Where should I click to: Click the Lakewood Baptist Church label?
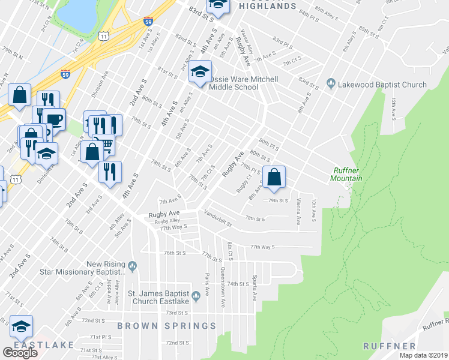[382, 85]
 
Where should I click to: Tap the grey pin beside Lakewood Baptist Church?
[330, 82]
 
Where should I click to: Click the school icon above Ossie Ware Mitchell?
[199, 73]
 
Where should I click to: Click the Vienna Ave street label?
[299, 211]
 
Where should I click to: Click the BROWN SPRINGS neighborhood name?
[166, 326]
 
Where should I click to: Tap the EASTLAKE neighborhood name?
[44, 345]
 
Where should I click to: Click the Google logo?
[20, 353]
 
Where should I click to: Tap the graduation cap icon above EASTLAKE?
[21, 326]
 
